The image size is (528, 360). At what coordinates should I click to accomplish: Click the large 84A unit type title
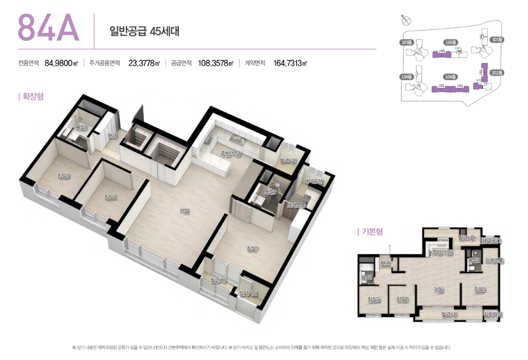coord(49,28)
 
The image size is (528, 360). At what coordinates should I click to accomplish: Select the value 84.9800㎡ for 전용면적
coord(61,63)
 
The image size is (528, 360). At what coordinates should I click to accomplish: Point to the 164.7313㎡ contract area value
coord(290,63)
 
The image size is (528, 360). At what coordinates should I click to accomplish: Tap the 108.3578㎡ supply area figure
coord(216,63)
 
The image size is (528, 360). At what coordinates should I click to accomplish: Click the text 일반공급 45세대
coord(145,30)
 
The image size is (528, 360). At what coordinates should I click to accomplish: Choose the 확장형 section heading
coord(31,96)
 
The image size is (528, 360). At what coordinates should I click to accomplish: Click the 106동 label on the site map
coord(406,77)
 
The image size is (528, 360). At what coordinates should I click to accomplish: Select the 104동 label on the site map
coord(450,77)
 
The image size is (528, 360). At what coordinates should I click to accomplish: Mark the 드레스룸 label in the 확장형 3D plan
coord(296,205)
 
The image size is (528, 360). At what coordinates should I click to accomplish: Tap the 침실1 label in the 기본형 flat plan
coord(480,290)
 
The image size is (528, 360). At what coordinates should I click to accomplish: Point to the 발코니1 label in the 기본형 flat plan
coord(449,315)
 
